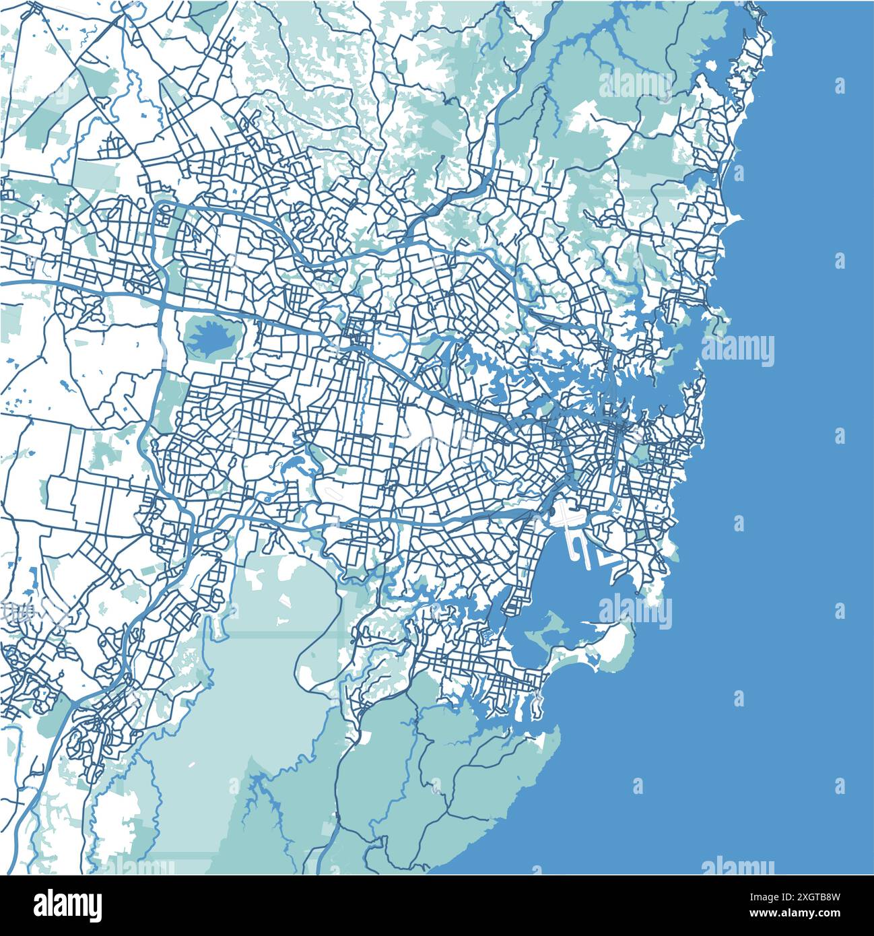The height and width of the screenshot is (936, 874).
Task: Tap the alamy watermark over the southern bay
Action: [x=634, y=612]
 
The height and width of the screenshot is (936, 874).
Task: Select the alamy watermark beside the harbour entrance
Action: [x=737, y=350]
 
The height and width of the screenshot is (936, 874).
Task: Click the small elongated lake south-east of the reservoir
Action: [x=294, y=464]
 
